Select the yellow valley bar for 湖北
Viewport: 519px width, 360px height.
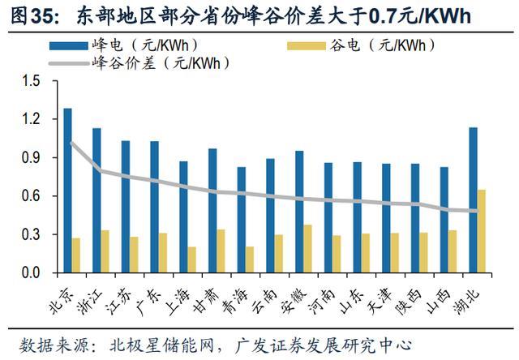[482, 232]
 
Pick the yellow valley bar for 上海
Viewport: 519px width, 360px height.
[191, 260]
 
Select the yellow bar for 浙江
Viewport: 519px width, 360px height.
[105, 252]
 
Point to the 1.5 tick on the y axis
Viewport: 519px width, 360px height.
[31, 80]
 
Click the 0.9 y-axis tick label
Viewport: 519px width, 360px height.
[31, 157]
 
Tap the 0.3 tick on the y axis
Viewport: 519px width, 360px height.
[31, 235]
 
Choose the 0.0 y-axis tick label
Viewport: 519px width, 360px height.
[31, 273]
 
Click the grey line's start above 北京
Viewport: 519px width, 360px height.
[71, 143]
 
